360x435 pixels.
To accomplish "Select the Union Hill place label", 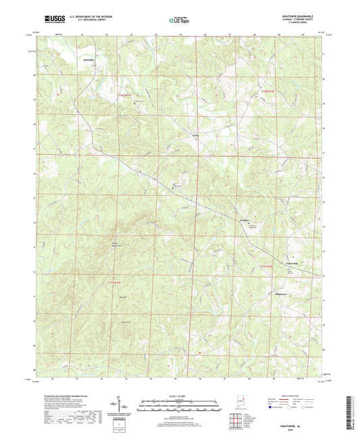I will (x=276, y=245).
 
